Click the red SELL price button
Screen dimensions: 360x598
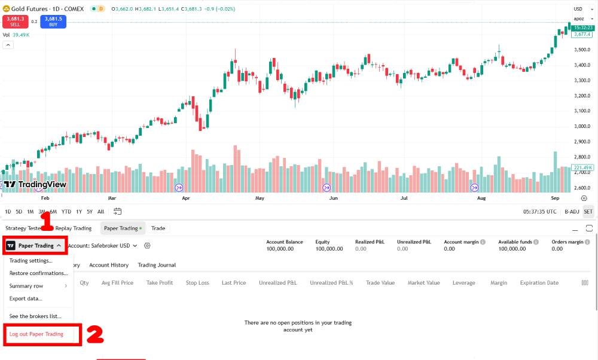click(15, 21)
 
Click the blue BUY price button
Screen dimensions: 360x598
click(53, 21)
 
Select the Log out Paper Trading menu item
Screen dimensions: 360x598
click(36, 334)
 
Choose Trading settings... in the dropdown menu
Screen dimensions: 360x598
click(30, 260)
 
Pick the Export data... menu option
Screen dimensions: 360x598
click(26, 298)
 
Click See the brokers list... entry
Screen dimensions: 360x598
click(35, 316)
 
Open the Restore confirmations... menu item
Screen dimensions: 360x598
click(38, 273)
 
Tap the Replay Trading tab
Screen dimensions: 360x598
click(74, 228)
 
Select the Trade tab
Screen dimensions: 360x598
click(158, 228)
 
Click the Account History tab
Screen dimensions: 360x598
click(109, 265)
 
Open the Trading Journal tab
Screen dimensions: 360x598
click(157, 265)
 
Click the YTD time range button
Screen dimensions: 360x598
click(66, 211)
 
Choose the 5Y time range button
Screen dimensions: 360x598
click(89, 211)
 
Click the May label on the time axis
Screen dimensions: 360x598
click(260, 197)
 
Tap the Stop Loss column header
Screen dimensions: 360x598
click(197, 283)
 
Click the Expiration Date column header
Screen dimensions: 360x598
click(539, 283)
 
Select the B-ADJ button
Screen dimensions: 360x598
click(572, 211)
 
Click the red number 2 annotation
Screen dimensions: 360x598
click(96, 334)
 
